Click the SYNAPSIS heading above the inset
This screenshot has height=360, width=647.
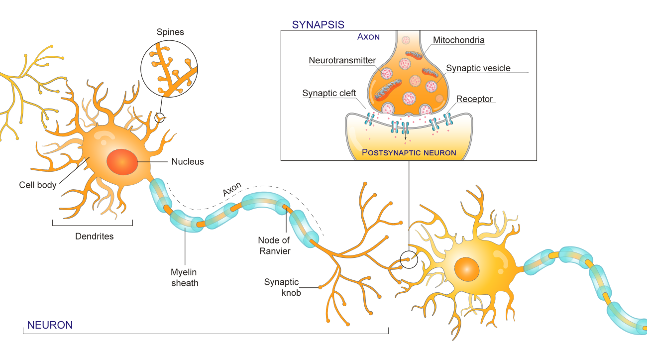click(318, 24)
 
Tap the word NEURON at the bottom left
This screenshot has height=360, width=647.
click(50, 325)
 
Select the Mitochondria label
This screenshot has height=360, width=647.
click(458, 40)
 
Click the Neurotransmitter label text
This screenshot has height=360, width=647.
click(342, 61)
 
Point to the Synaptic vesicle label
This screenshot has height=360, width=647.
click(478, 68)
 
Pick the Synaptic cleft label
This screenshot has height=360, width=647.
click(329, 94)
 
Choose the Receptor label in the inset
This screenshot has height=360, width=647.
click(474, 99)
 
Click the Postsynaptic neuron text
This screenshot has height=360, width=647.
click(409, 152)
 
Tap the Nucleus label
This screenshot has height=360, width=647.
click(188, 161)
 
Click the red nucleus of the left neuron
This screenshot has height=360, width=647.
click(122, 161)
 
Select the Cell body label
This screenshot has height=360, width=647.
click(38, 185)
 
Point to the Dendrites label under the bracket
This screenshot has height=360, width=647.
click(94, 237)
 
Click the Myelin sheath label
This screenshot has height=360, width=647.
click(185, 277)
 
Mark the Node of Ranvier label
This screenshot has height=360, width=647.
click(274, 245)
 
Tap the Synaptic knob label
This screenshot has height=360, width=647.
click(282, 287)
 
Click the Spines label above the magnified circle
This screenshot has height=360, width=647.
click(170, 32)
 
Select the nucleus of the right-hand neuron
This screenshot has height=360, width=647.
click(467, 269)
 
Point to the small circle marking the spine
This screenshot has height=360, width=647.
click(159, 118)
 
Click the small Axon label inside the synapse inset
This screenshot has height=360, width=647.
click(368, 37)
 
